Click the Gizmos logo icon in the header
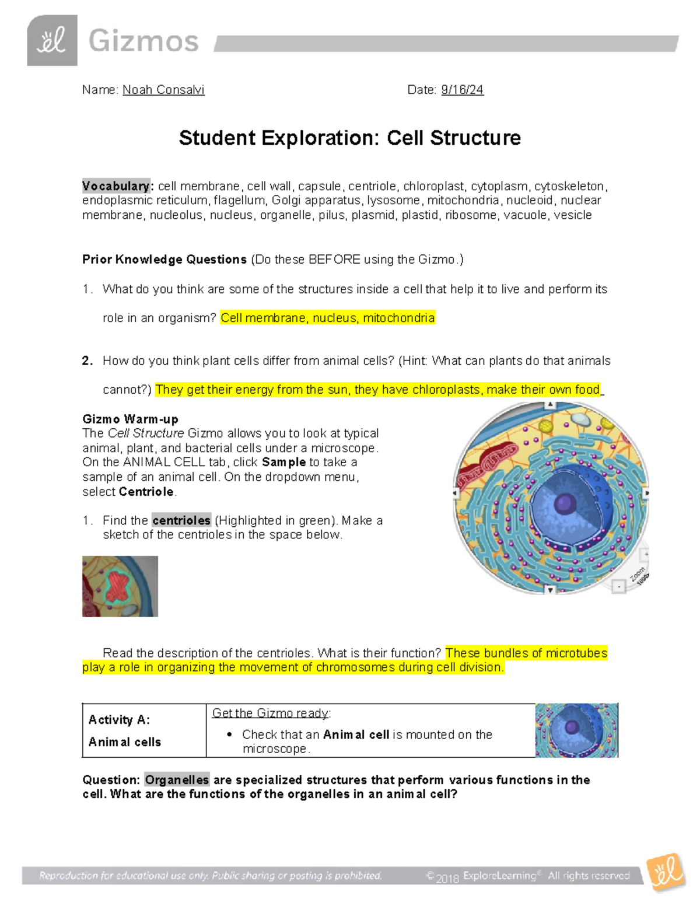52,41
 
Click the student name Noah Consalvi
163,90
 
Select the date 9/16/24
462,90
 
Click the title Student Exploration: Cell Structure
349,138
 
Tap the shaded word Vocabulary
116,186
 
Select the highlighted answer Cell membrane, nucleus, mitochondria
327,318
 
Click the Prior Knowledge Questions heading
164,260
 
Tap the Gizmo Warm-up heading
130,419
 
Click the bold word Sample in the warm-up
283,462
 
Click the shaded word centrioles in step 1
181,520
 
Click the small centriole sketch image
120,586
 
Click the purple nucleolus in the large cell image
565,503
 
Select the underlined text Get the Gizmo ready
271,713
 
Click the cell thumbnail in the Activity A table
576,730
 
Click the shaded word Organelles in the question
177,780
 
